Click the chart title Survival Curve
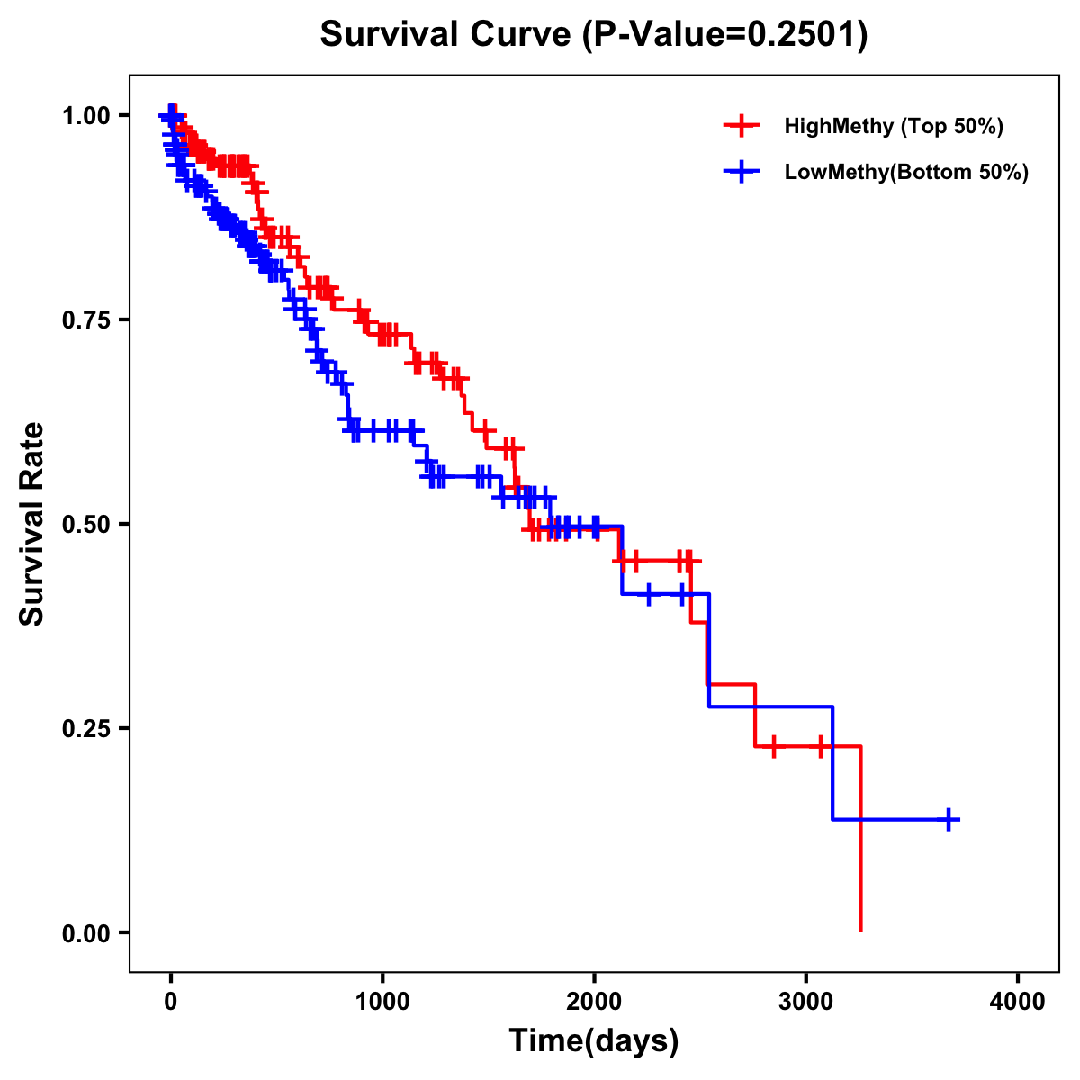pos(446,35)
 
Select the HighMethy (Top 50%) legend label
pos(893,126)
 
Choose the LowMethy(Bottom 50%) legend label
pos(906,172)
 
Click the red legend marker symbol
pos(742,126)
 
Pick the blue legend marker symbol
pos(742,172)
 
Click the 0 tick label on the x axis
pos(170,1002)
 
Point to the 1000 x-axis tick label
pos(382,1002)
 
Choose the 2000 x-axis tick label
pos(594,1002)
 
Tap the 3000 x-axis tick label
pos(806,1002)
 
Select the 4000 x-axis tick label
pos(1018,1002)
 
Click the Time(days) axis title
pos(594,1041)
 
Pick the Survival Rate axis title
pos(33,524)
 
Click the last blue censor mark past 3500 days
pos(949,819)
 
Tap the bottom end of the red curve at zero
pos(861,931)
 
